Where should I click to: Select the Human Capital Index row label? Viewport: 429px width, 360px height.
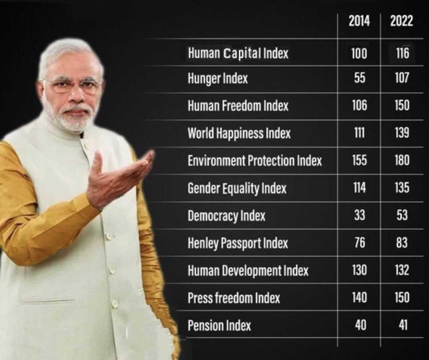(x=238, y=53)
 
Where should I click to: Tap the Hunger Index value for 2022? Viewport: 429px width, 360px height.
(x=402, y=78)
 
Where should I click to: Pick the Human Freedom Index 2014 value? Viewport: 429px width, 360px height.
(x=359, y=106)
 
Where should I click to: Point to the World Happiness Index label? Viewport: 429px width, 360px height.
(x=239, y=133)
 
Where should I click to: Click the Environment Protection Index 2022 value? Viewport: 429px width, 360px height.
(x=402, y=160)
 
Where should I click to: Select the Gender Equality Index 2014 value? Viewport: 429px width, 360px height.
(x=359, y=188)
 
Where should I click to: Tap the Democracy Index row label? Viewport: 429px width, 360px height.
(x=226, y=216)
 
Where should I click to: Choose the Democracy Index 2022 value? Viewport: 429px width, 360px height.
(x=402, y=215)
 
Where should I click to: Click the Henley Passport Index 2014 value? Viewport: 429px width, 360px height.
(x=359, y=243)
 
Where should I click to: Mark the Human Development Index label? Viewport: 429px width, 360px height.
(x=248, y=271)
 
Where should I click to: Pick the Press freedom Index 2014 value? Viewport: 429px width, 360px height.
(x=359, y=297)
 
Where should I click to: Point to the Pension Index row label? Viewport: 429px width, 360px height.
(x=219, y=326)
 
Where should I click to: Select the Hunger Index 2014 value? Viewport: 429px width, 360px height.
(x=359, y=78)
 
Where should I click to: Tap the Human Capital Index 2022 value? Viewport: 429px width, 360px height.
(x=402, y=53)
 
